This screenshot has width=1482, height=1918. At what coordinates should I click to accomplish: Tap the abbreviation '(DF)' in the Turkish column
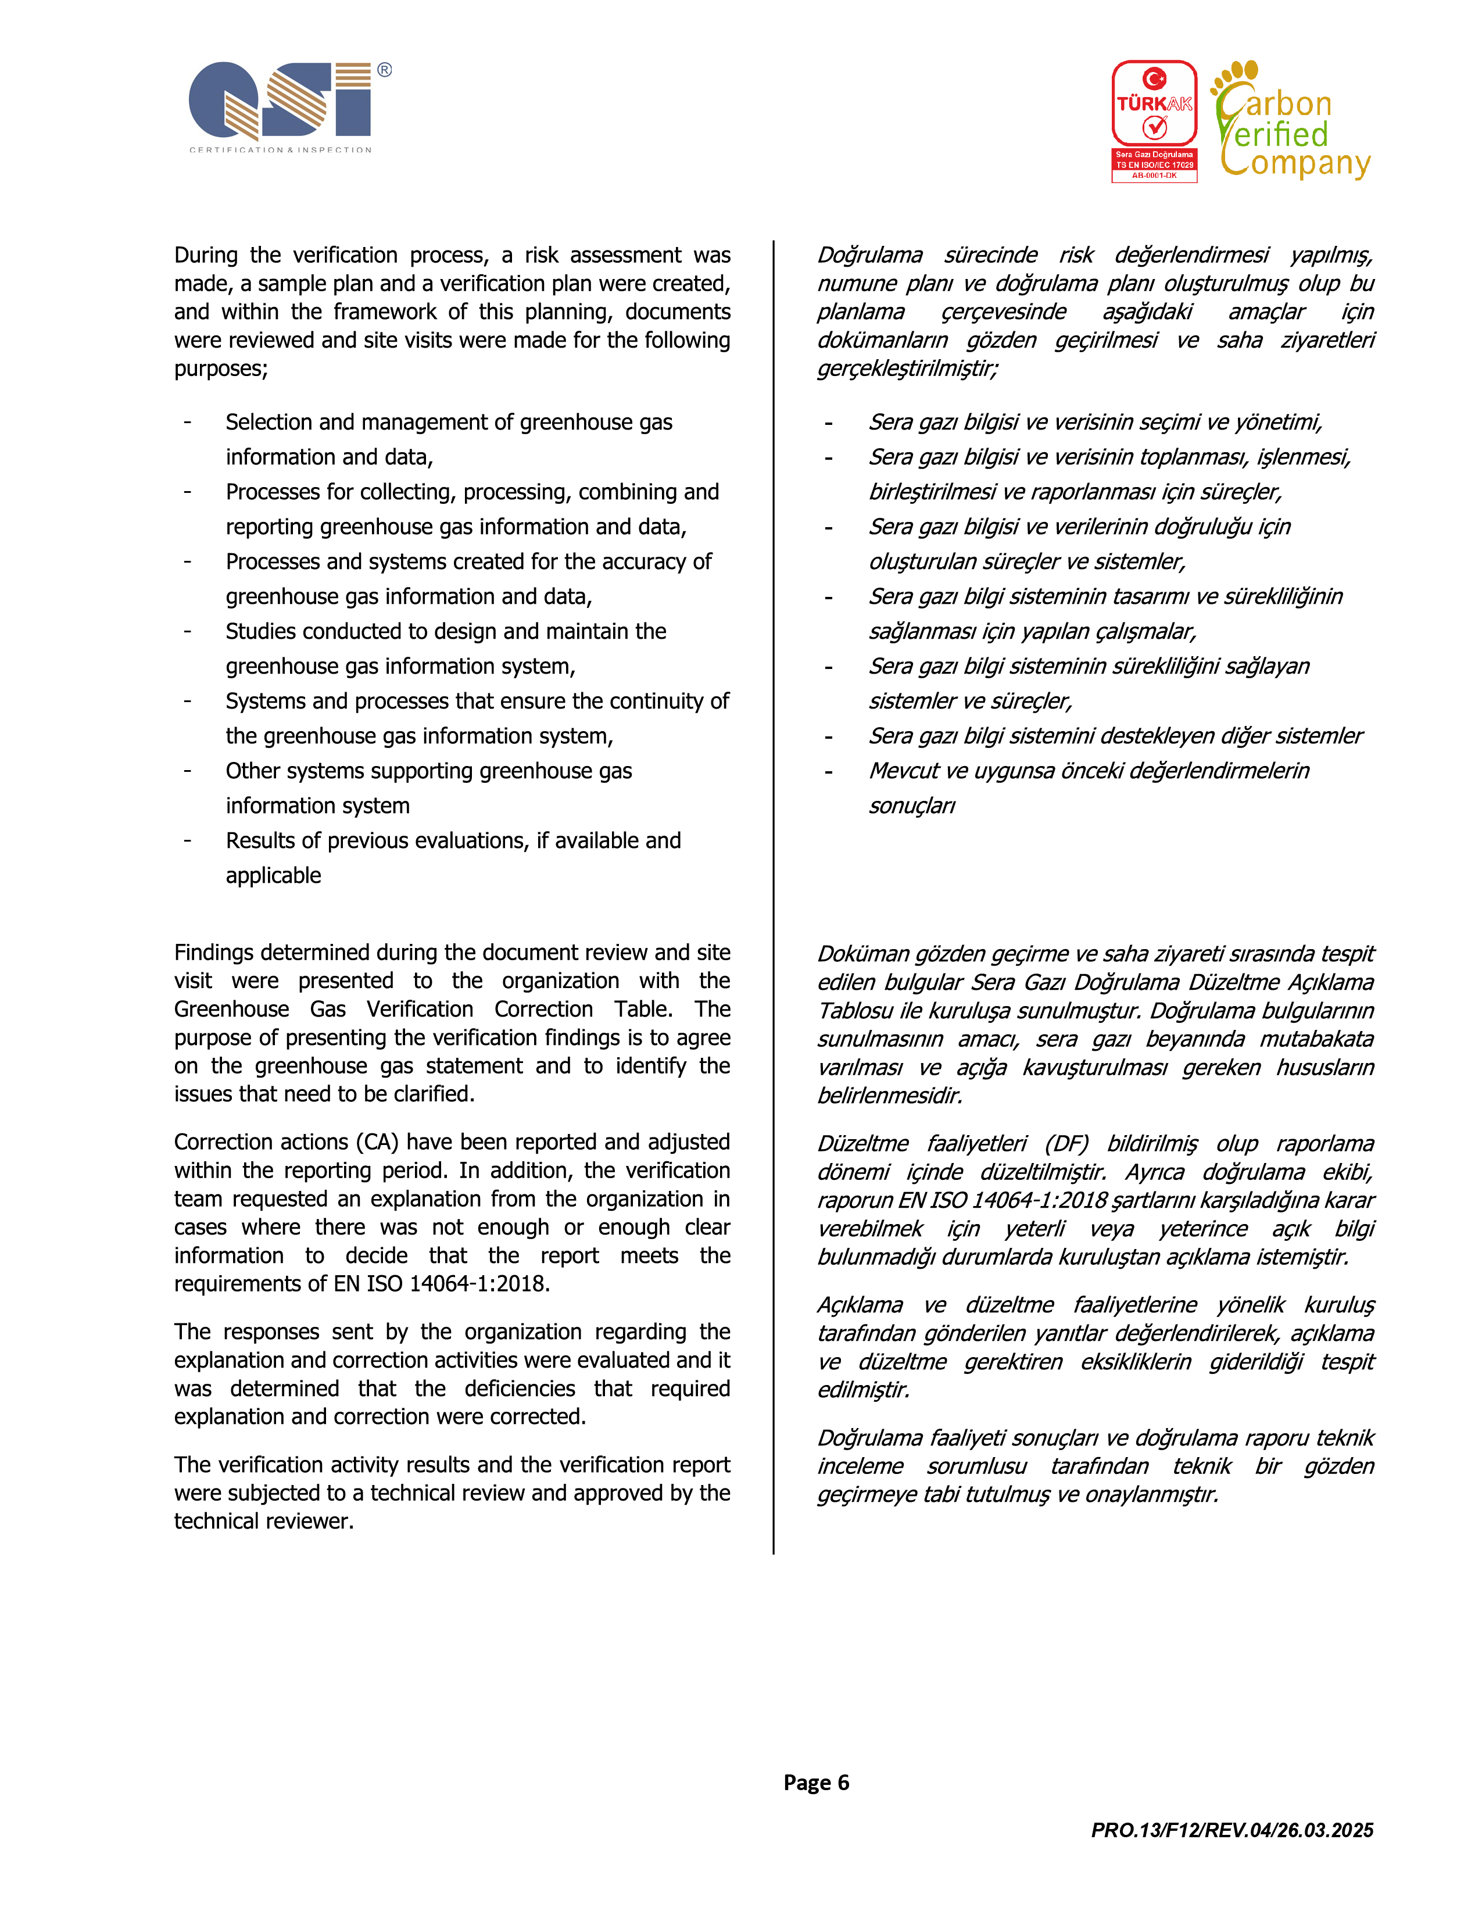(x=1066, y=1143)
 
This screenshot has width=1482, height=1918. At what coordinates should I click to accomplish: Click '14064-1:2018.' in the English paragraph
(x=479, y=1284)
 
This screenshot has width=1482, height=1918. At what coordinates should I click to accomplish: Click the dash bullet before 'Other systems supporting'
(x=187, y=771)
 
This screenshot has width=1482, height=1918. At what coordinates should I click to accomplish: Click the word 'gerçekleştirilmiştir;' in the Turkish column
(x=907, y=369)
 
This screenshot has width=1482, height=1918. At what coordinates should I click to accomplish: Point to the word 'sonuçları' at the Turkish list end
(x=911, y=806)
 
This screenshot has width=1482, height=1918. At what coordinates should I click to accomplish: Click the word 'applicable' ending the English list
(x=273, y=875)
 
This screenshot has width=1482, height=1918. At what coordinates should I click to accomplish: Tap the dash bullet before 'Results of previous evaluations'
(x=187, y=840)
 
